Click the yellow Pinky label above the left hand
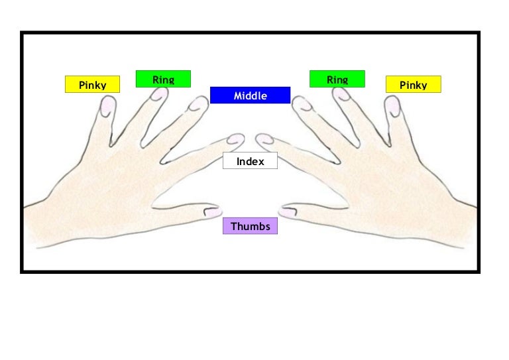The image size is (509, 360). [93, 84]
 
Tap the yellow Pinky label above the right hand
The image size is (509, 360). [414, 84]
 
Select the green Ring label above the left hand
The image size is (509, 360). [163, 79]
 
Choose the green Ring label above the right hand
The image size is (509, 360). [337, 79]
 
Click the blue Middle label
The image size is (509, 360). [251, 95]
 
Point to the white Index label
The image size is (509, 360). [251, 160]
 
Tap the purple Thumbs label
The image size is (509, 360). [251, 226]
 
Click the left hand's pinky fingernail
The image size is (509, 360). [108, 106]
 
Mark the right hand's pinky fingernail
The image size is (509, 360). [392, 106]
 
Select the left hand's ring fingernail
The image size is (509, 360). [159, 94]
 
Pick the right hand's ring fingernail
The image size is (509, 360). [341, 94]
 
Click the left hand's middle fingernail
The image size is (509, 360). [198, 104]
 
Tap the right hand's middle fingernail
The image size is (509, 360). [302, 104]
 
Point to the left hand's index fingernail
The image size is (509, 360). [235, 139]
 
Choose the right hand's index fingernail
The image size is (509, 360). [265, 139]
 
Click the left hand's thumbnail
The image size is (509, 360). [213, 212]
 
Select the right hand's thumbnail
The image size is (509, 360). [288, 212]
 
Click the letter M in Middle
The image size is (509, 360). [237, 95]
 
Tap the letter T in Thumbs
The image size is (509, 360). [233, 226]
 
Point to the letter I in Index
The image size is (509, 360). [238, 161]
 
